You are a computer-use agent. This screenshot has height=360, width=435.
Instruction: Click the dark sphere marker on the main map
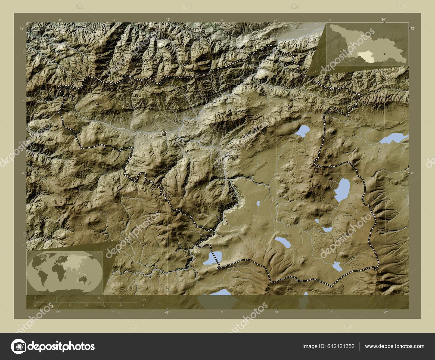pos(164,133)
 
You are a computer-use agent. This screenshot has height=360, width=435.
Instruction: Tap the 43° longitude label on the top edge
pos(167,19)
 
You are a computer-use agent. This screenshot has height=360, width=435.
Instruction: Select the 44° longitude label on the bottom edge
pos(386,313)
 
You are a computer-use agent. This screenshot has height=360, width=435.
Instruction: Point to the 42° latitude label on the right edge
pos(412,28)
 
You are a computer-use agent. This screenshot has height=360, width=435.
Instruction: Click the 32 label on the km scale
pos(120,298)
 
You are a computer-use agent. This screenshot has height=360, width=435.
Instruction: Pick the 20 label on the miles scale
pos(120,306)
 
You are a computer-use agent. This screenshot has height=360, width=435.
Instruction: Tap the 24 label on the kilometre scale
pos(99,298)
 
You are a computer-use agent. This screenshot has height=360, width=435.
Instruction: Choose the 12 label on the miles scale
pos(86,306)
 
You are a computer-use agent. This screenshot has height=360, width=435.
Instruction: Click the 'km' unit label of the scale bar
pos(144,300)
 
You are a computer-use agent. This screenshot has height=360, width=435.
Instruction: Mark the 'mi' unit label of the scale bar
pos(144,305)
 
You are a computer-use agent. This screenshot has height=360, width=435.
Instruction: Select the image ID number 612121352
pos(342,346)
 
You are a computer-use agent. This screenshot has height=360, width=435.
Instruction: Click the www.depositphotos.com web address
pos(394,346)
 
